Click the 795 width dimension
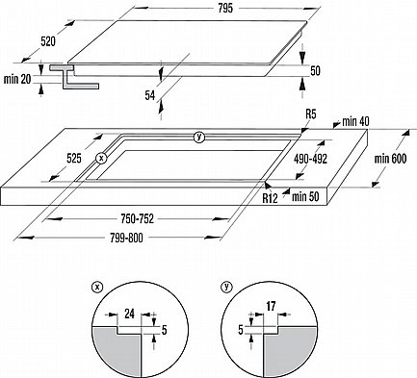(x=225, y=9)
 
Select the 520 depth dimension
(x=48, y=41)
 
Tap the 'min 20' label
(x=17, y=79)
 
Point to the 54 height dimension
(x=150, y=95)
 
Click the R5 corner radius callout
(x=311, y=114)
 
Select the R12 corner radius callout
(x=270, y=198)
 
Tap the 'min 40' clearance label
(x=355, y=121)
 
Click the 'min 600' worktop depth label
(x=390, y=159)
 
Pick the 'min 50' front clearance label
(x=305, y=197)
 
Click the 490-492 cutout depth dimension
(x=310, y=159)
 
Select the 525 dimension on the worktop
(x=74, y=159)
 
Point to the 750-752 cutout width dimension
(x=138, y=219)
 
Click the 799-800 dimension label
(x=126, y=238)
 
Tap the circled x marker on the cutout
(x=101, y=158)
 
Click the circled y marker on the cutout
(x=199, y=138)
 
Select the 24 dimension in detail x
(x=129, y=314)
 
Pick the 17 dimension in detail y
(x=271, y=306)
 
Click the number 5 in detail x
(x=165, y=330)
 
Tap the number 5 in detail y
(x=241, y=330)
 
